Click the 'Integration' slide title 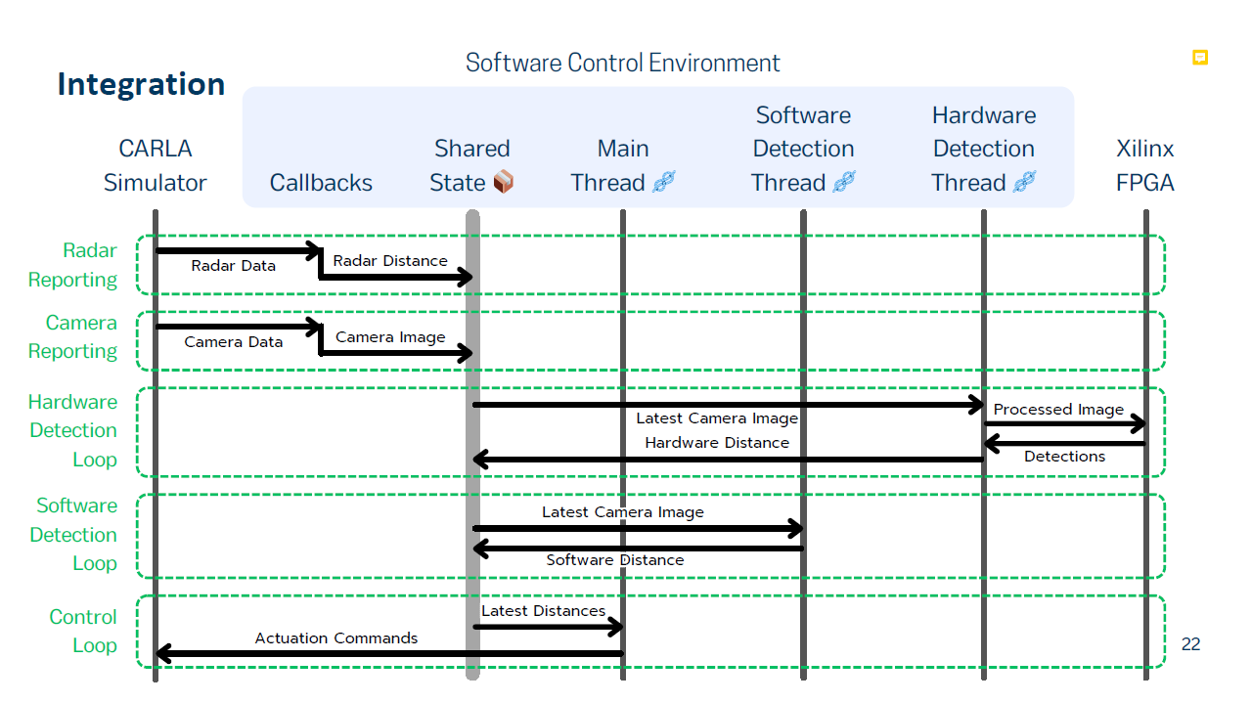(x=141, y=85)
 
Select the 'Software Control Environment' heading (x=623, y=63)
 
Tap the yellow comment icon (x=1199, y=58)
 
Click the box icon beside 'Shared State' (x=503, y=182)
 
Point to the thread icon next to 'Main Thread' (x=664, y=182)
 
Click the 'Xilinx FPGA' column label (x=1145, y=166)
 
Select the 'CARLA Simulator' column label (x=156, y=166)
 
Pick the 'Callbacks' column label (x=321, y=183)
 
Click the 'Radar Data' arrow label (x=234, y=266)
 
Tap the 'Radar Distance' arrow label (x=390, y=261)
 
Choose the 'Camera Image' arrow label (x=390, y=337)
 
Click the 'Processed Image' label (x=1058, y=410)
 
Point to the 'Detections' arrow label (x=1064, y=457)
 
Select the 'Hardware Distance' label (x=717, y=443)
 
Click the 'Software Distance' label (x=615, y=560)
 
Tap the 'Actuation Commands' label (x=336, y=638)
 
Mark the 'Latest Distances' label (x=544, y=611)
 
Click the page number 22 (x=1190, y=644)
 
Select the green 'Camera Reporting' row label (x=72, y=336)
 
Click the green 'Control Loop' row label (x=83, y=631)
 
